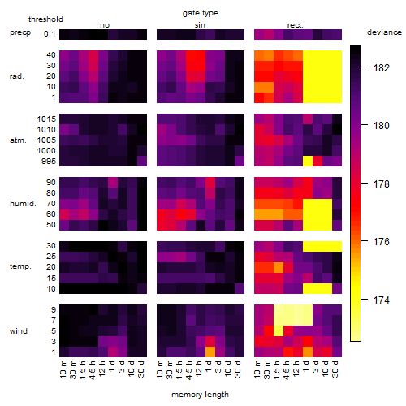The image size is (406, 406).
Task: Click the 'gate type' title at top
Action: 201,13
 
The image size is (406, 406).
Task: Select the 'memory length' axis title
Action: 200,395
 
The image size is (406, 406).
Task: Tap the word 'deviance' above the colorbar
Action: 384,32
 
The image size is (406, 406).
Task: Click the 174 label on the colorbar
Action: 382,300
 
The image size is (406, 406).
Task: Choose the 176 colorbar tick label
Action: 382,242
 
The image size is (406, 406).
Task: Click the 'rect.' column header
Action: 295,25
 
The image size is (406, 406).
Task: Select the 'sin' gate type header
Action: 200,25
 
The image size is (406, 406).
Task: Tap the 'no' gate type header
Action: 105,25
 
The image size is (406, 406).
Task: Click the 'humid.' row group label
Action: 23,204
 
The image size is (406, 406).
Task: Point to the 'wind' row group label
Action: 19,331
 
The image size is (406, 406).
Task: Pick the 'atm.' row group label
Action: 18,140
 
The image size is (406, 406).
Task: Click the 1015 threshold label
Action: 46,119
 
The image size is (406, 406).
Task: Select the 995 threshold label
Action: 49,162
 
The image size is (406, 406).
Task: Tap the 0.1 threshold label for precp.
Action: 50,34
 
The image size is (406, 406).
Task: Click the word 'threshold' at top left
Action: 45,19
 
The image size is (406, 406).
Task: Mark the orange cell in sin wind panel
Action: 210,352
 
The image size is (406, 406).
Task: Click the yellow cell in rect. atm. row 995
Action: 308,162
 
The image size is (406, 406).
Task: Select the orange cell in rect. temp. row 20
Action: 279,268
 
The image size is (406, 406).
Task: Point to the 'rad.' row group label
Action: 17,76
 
